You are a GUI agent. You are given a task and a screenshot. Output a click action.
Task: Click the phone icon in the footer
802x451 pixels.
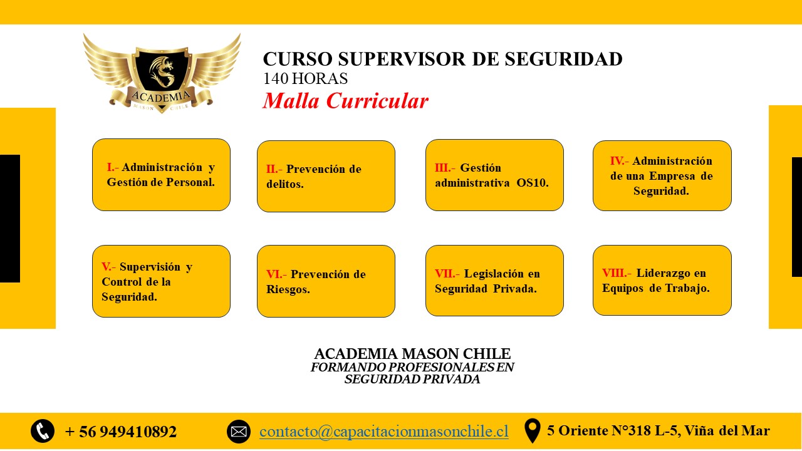43,431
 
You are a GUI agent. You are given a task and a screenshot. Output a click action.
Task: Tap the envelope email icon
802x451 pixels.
239,432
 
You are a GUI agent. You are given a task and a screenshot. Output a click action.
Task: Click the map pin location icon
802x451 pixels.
533,430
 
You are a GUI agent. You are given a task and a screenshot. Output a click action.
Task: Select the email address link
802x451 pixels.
384,432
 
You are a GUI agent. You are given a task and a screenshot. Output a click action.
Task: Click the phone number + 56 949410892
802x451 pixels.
121,432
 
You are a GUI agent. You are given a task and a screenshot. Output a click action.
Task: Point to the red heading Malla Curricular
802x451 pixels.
345,101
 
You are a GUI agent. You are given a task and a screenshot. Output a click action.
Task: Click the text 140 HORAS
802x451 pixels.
305,78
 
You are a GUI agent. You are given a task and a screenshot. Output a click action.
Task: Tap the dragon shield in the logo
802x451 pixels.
162,71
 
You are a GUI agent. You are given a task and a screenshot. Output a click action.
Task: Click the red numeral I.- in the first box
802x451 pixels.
112,167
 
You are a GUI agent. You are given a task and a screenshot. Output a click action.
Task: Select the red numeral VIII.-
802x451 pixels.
616,273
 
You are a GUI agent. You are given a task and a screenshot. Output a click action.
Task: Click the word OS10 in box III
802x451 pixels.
533,183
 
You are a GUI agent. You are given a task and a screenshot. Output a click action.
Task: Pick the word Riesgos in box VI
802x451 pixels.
288,289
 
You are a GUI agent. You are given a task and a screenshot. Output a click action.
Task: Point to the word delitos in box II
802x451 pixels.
284,184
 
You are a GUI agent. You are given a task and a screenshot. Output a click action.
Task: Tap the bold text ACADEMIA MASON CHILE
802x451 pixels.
412,354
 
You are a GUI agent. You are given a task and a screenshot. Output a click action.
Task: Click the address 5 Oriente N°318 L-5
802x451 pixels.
613,431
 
